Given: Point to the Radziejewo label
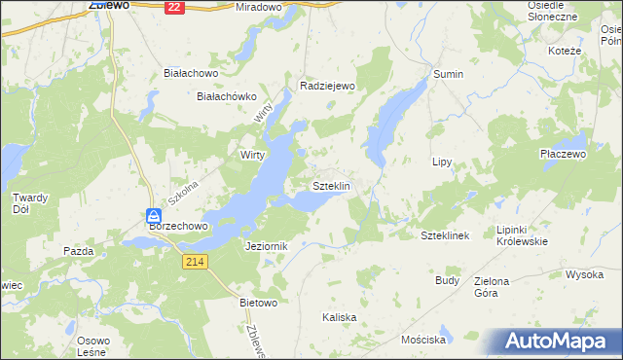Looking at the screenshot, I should click(x=324, y=86).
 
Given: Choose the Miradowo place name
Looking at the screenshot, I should click(x=257, y=7).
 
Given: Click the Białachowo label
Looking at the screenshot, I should click(x=190, y=73).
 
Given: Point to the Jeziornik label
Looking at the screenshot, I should click(x=267, y=247).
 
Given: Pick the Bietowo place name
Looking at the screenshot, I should click(x=259, y=303).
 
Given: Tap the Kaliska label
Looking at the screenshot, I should click(x=340, y=318).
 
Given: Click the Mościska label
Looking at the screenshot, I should click(x=423, y=341).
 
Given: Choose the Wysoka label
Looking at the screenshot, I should click(x=584, y=274).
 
